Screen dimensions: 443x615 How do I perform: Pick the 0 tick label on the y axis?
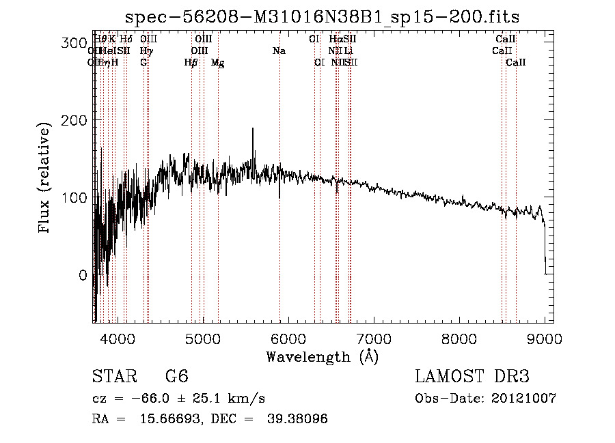[83, 275]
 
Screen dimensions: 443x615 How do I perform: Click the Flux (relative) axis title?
[46, 177]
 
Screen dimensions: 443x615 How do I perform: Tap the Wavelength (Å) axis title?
[322, 356]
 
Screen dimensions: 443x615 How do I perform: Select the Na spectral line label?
[279, 51]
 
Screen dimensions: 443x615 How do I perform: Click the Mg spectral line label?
[217, 63]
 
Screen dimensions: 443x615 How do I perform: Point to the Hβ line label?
[191, 63]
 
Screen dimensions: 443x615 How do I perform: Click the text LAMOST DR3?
[471, 377]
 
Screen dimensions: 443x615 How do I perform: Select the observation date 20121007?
[525, 399]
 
